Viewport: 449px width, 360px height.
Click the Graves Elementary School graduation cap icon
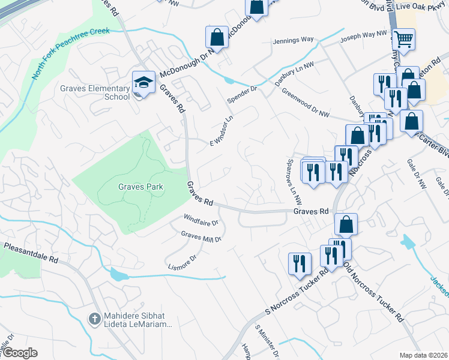tap(144, 82)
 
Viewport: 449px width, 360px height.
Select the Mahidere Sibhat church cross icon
tap(94, 319)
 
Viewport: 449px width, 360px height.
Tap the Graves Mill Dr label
tap(201, 237)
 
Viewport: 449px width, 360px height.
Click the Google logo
tap(19, 353)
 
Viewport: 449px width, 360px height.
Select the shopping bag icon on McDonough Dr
tap(217, 37)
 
